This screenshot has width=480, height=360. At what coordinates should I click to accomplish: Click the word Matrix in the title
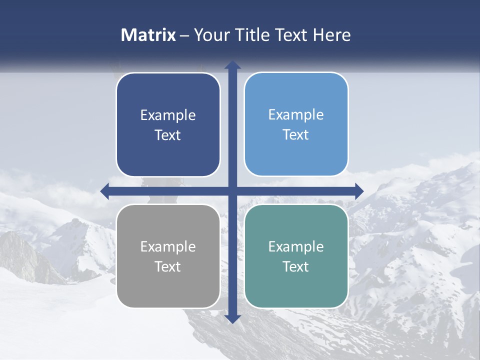(x=148, y=35)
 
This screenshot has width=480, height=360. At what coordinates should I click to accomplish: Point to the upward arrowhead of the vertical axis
(x=232, y=65)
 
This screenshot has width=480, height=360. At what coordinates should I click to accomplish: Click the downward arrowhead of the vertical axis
(x=232, y=318)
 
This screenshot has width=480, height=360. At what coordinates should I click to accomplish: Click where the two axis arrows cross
(x=232, y=191)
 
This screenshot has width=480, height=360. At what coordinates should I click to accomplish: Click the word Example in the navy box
(x=168, y=115)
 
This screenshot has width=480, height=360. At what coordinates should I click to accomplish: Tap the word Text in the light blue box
(x=296, y=135)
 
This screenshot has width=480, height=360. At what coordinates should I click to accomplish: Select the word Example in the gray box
(x=168, y=247)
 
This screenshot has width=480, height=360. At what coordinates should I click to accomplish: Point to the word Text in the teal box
(x=296, y=267)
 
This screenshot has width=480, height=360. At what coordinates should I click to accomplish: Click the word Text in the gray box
(x=168, y=267)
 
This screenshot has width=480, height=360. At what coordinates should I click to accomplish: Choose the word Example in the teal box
(x=296, y=247)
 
